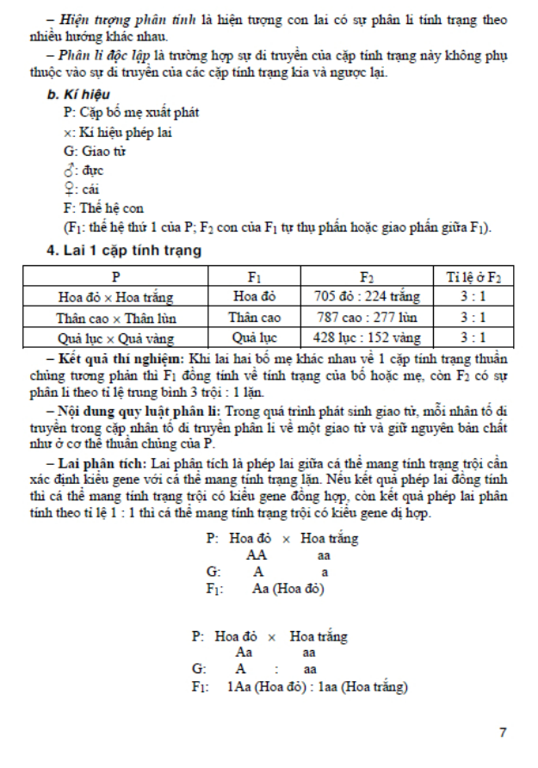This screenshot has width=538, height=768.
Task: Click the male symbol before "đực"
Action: point(68,170)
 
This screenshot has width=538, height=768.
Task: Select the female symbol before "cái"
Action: point(68,189)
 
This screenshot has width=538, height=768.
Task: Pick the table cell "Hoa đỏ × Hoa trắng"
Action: point(115,298)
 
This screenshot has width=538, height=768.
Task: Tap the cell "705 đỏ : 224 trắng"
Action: point(368,298)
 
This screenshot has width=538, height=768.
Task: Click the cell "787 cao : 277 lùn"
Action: point(368,318)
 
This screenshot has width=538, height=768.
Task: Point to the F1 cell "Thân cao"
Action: point(255,318)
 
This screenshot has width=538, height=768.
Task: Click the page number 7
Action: point(503,732)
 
